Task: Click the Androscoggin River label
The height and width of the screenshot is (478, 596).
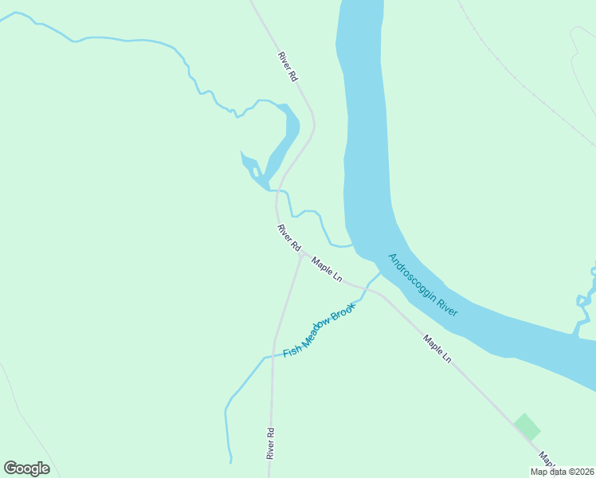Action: [422, 285]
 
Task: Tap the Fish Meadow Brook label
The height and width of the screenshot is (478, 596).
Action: [318, 331]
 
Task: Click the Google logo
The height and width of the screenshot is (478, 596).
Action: [26, 468]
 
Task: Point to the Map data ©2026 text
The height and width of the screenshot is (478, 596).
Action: [562, 471]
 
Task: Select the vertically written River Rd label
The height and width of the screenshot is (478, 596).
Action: [271, 444]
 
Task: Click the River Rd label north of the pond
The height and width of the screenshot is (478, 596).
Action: [288, 67]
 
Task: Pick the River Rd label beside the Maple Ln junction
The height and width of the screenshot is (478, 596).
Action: [288, 237]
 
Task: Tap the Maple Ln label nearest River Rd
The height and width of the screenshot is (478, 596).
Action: [327, 269]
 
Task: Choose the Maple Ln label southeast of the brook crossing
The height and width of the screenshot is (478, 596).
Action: [437, 348]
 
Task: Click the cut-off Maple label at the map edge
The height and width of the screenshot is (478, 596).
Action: [546, 460]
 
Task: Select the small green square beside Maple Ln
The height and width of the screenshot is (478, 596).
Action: [527, 426]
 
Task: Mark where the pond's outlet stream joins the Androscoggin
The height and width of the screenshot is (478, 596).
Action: [351, 245]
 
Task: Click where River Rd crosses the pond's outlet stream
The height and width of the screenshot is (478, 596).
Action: [277, 191]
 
